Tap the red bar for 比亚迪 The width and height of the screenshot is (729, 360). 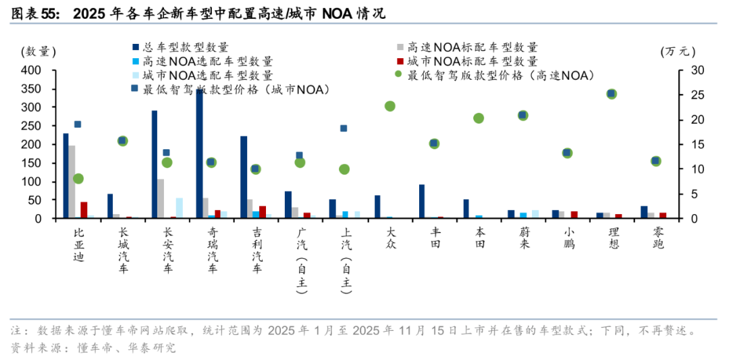(84, 210)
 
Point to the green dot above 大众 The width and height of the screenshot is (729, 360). (389, 106)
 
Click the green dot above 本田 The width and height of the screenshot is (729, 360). (479, 118)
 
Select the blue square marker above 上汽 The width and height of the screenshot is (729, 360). (344, 128)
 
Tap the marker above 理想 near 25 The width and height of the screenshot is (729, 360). (612, 94)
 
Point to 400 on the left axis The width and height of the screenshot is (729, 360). (32, 70)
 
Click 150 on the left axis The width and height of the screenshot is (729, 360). (32, 163)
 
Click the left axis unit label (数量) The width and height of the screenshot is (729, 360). (38, 51)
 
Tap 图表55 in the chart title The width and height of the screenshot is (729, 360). (34, 13)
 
